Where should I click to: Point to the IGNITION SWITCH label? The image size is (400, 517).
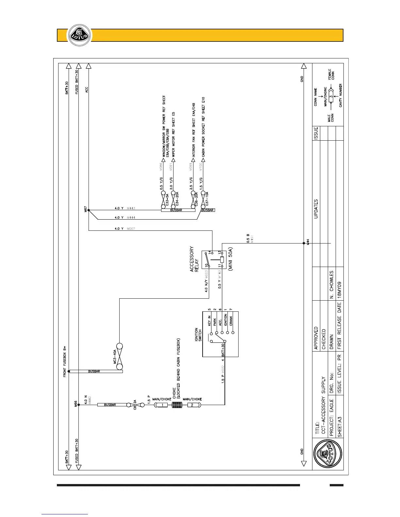coord(198,335)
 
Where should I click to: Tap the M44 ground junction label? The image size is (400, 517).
coord(308,243)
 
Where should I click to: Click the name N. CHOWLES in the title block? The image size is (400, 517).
coord(331,284)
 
